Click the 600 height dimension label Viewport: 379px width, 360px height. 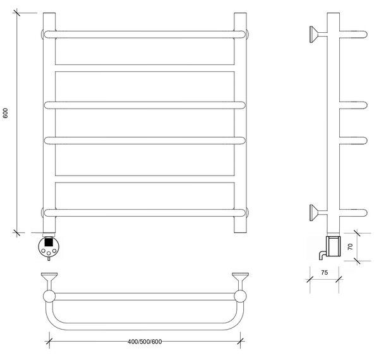[x=5, y=113]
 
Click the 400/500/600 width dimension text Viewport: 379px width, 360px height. [x=145, y=342]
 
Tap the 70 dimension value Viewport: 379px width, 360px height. [x=350, y=247]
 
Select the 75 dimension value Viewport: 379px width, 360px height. [x=325, y=273]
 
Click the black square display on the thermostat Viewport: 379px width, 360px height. [x=49, y=242]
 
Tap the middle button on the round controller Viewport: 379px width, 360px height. [x=49, y=253]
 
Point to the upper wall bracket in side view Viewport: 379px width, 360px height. [x=318, y=34]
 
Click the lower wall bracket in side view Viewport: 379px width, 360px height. [x=318, y=213]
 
